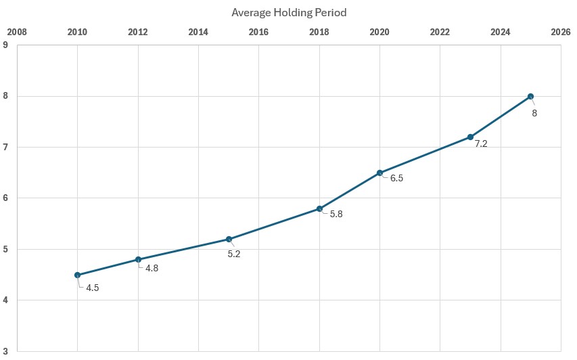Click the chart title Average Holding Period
(289, 12)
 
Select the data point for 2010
(78, 275)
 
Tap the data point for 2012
(138, 259)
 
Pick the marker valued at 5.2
(229, 239)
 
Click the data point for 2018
(319, 208)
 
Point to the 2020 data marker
(379, 173)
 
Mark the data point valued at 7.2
(470, 137)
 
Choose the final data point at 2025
(530, 96)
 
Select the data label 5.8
(336, 215)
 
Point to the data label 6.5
(396, 179)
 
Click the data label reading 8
(534, 113)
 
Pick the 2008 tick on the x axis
(17, 32)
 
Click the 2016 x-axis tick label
(258, 32)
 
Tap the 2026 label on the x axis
(560, 32)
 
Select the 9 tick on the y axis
(5, 45)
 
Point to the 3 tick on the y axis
(5, 351)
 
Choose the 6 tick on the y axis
(5, 198)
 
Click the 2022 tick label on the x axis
(440, 32)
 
